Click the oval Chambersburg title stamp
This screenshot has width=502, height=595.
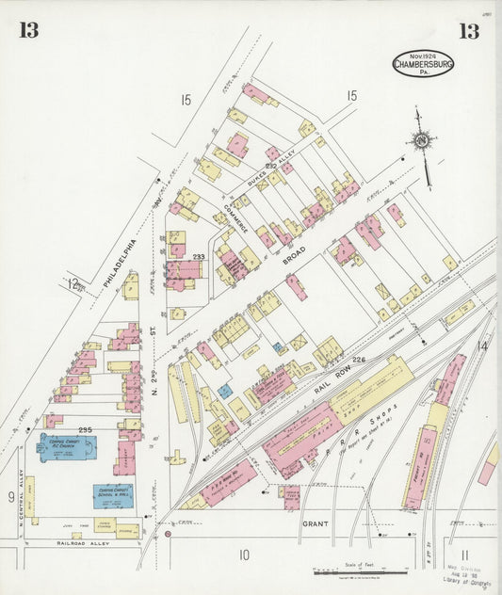[423, 64]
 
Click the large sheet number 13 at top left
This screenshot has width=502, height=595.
[28, 30]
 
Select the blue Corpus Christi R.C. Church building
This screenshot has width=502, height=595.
[66, 447]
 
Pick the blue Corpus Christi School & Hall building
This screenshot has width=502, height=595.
[113, 495]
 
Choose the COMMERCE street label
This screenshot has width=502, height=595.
[235, 216]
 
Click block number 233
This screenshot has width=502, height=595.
[199, 256]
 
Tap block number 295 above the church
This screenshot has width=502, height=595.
[86, 429]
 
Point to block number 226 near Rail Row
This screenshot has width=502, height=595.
[358, 360]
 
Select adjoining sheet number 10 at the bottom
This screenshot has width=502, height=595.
[244, 555]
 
